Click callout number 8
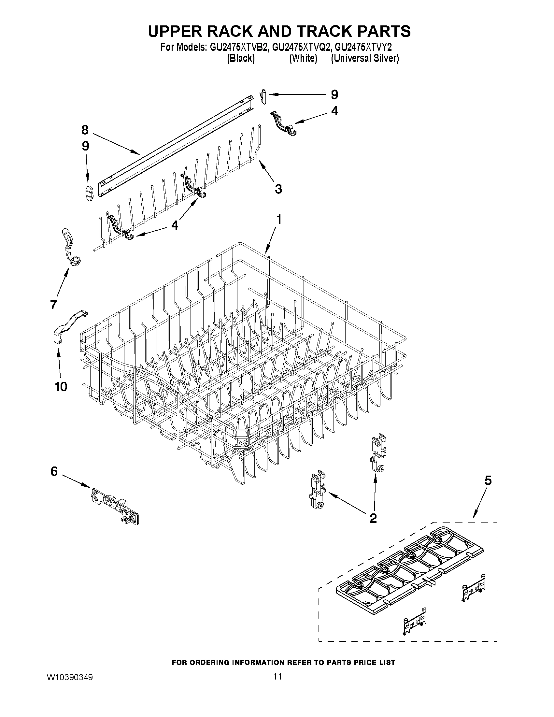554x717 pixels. pos(85,130)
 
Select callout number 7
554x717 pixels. pos(53,305)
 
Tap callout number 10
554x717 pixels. pos(61,386)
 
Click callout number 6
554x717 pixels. pos(54,471)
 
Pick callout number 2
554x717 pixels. pos(373,518)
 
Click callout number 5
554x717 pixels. pos(488,480)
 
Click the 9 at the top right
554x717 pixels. pos(334,94)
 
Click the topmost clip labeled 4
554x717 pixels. pos(283,123)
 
